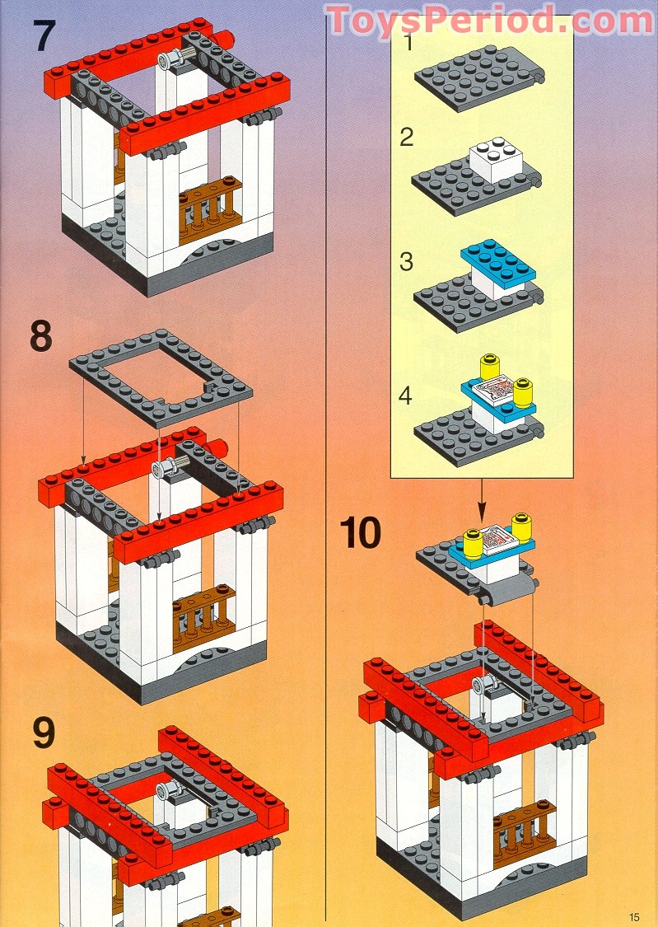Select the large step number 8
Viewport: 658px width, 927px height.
coord(40,337)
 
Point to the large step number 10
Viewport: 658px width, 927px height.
coord(361,533)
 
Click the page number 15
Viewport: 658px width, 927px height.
coord(633,916)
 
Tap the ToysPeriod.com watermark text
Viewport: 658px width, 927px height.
coord(489,20)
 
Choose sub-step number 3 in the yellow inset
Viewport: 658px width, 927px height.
coord(406,262)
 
